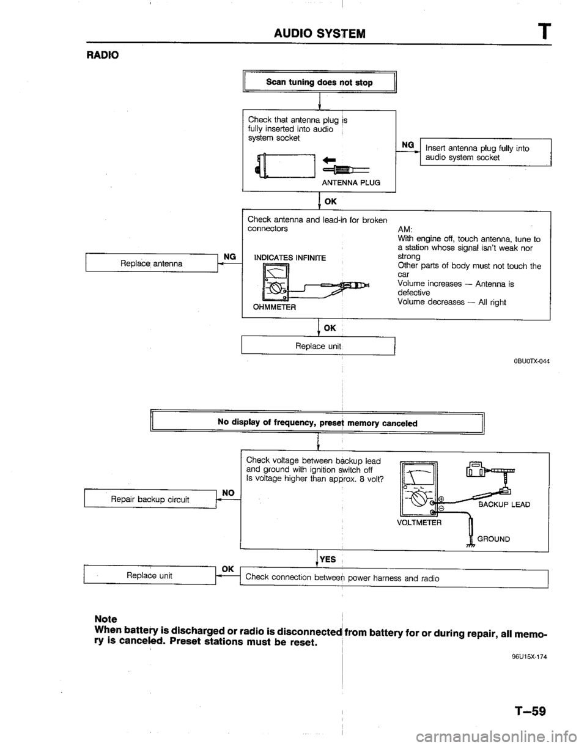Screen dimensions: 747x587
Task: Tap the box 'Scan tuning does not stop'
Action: (x=319, y=81)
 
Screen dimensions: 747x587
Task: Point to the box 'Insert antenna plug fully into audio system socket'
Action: (x=484, y=152)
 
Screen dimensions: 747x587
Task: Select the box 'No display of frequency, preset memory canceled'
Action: (x=318, y=421)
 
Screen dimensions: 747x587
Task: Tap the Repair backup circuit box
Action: (x=149, y=499)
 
